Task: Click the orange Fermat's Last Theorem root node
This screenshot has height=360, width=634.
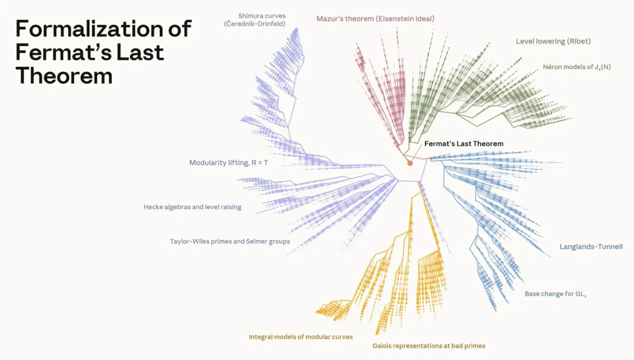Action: coord(410,163)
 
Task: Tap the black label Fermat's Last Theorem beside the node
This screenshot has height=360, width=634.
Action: coord(464,144)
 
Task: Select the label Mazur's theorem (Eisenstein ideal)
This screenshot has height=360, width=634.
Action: coord(375,19)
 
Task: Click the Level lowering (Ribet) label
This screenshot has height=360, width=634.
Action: coord(553,41)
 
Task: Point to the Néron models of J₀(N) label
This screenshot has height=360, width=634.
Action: coord(577,67)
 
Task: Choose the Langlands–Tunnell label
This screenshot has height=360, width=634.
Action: coord(591,247)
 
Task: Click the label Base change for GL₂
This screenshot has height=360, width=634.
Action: coord(556,294)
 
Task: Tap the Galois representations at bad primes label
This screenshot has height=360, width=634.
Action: coord(429,346)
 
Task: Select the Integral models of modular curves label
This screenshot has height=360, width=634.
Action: coord(300,337)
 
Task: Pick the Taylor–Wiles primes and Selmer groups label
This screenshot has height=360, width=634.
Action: coord(230,241)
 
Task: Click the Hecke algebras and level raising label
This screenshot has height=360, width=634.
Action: coord(193,207)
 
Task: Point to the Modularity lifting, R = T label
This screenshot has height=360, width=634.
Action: coord(229,163)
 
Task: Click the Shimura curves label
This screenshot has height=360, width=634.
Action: coord(262,16)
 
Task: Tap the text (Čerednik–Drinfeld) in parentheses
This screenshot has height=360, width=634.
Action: coord(255,24)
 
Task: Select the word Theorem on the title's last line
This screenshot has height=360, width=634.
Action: coord(64,76)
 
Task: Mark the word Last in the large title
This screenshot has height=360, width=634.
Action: coord(140,52)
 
